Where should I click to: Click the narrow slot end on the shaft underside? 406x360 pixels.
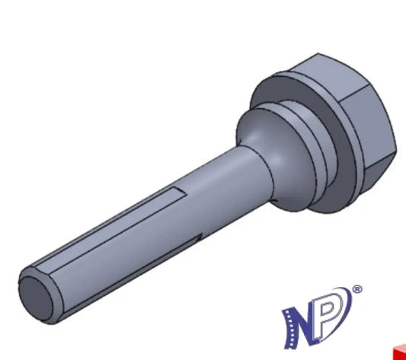[200, 237]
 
